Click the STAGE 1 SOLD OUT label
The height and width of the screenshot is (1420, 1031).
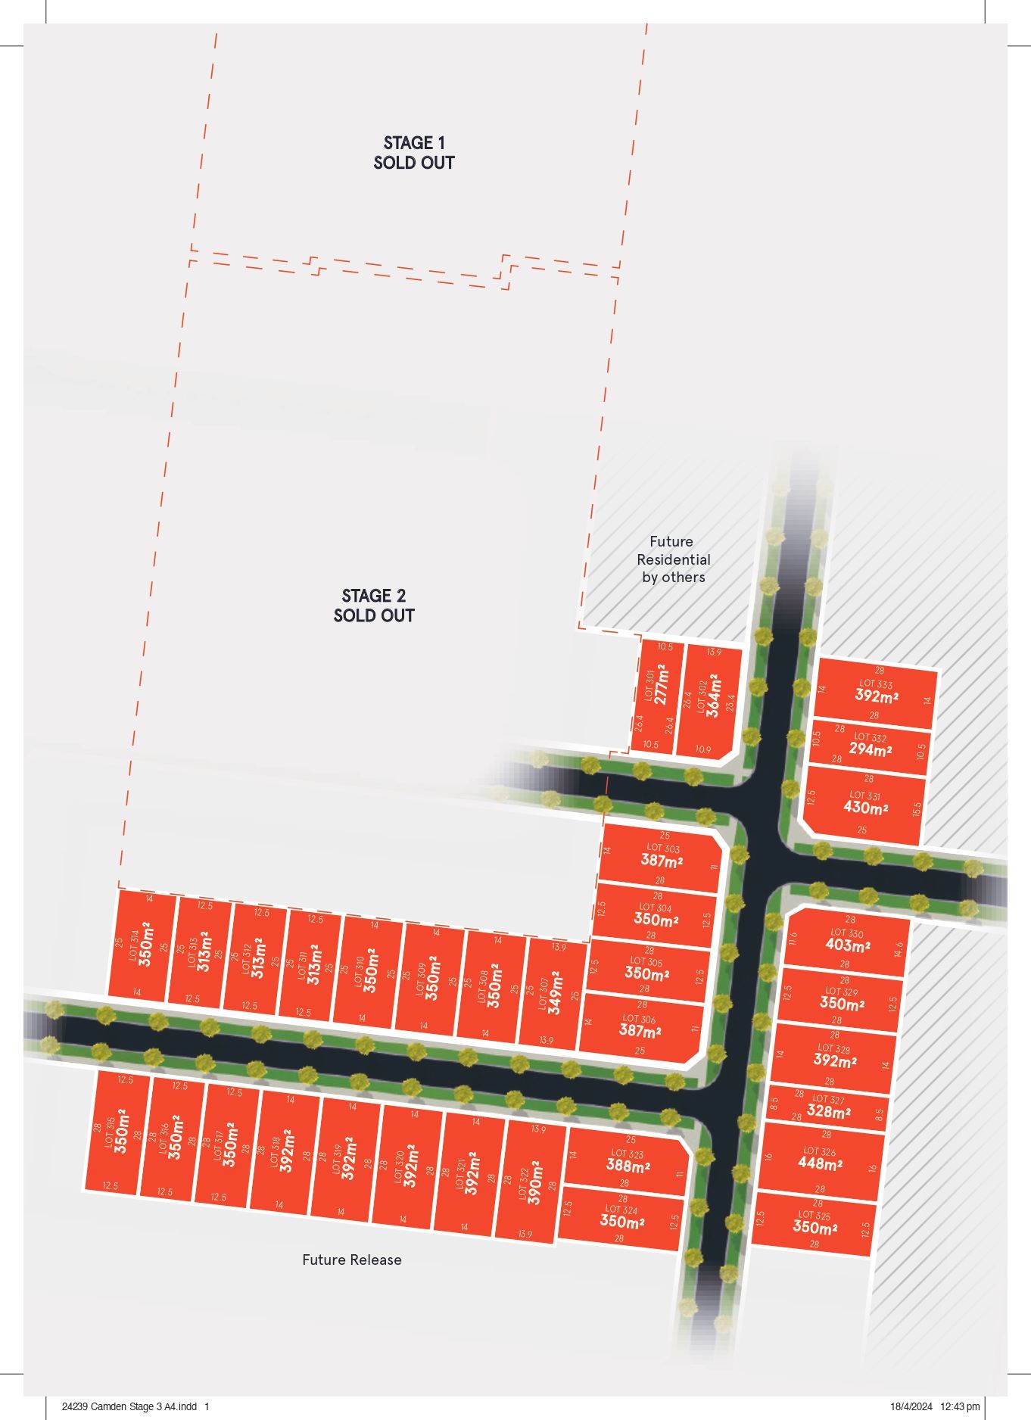pos(413,152)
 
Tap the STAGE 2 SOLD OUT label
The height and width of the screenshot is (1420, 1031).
pos(374,606)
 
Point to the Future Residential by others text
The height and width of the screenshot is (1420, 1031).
pos(673,559)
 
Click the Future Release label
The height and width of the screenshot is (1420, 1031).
pos(352,1260)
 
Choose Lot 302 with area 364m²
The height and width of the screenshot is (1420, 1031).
pos(708,696)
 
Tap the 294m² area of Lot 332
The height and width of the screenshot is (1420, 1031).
pos(870,749)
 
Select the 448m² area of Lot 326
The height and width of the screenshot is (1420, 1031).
pos(820,1162)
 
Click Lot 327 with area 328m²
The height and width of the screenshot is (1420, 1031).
pos(828,1110)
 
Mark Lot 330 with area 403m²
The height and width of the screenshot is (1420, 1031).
pos(847,945)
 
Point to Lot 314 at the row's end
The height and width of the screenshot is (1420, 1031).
pos(141,945)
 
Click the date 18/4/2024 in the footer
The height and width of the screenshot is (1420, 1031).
pos(911,1406)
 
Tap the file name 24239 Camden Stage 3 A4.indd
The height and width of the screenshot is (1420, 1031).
pos(129,1406)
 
